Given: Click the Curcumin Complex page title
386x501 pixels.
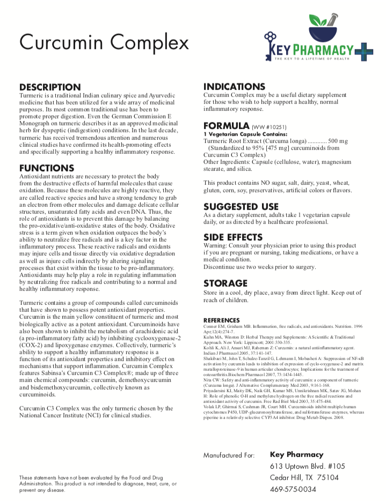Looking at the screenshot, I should (x=104, y=42).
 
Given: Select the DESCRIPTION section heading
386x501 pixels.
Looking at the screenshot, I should (x=50, y=87).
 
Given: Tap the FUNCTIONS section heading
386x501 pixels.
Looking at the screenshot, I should (x=47, y=168).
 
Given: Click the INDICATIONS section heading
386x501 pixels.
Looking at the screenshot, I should (x=234, y=87).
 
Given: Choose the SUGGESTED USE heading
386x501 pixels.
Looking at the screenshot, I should (x=241, y=207).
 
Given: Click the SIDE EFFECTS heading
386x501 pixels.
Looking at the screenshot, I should (x=233, y=237).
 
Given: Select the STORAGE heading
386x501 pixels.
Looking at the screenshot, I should (x=225, y=283).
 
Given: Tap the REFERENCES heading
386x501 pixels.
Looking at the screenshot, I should (x=221, y=320).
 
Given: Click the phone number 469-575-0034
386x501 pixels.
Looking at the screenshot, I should (x=293, y=489).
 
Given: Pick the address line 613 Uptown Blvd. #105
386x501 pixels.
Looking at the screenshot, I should (x=308, y=466).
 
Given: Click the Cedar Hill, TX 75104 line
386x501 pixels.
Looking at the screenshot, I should (x=304, y=477).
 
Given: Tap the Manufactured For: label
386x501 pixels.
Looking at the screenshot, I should (x=228, y=455).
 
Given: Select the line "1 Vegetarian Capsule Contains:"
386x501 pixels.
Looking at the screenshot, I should (x=245, y=134).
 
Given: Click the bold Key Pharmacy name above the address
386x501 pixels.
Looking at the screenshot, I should (x=296, y=454).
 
